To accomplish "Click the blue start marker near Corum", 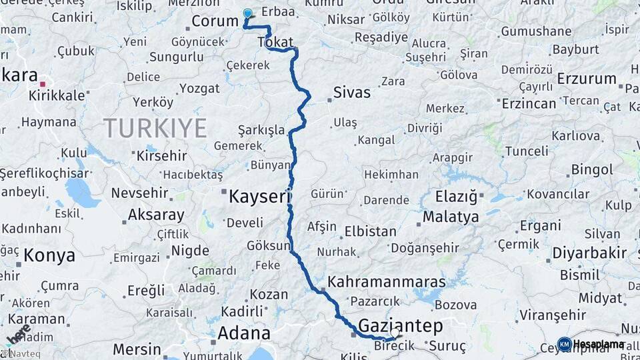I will point(248,13).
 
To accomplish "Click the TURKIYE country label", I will point(155,127).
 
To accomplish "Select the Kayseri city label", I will point(260,197).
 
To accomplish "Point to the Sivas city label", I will point(351,91).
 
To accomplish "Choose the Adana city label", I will point(245,333).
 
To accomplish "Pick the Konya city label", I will point(49,255).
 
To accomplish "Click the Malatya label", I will point(451,217).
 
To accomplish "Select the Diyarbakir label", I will point(589,253).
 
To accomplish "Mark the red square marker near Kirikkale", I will point(43,84).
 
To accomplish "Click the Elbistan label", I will point(370,232).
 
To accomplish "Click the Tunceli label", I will point(526,151).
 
